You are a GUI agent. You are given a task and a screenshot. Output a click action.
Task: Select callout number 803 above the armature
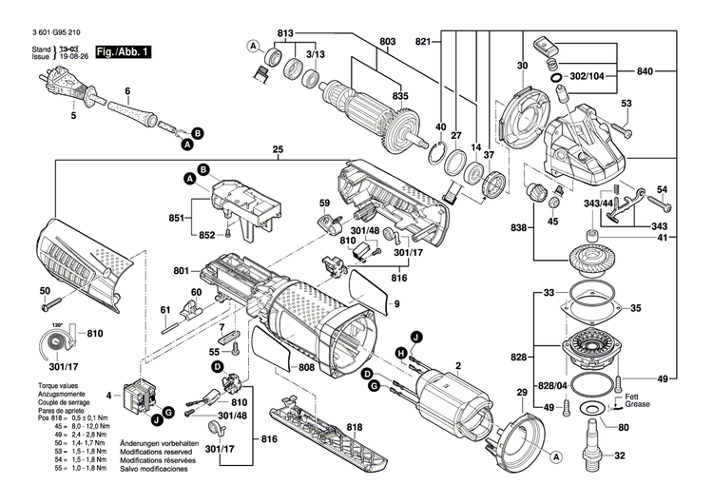pos(387,41)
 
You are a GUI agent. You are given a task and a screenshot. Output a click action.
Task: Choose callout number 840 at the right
pos(645,71)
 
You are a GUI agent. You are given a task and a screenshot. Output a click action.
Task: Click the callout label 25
pos(279,150)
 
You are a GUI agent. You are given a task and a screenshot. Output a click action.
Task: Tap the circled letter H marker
pos(401,353)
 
